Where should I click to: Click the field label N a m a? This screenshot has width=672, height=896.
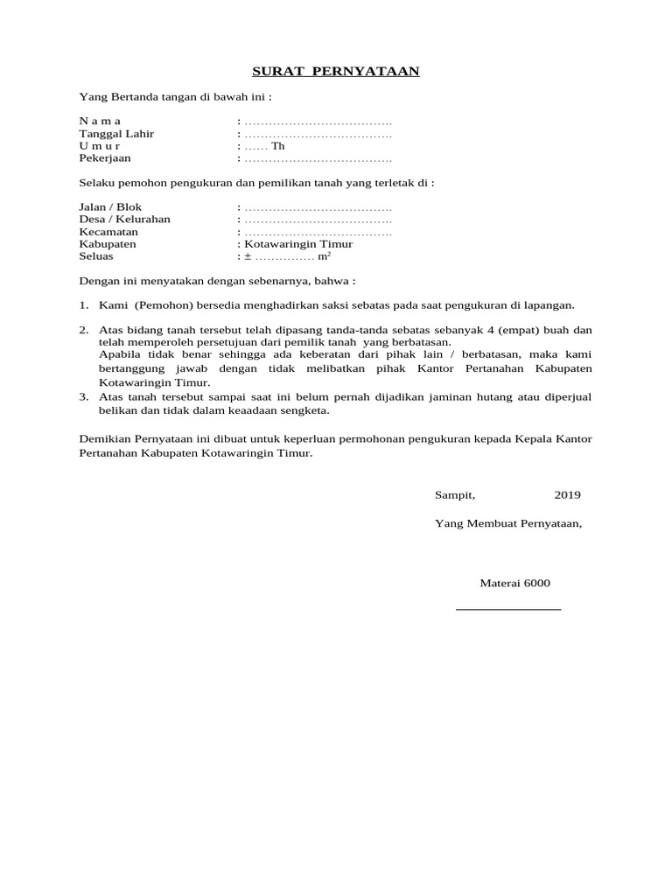point(101,121)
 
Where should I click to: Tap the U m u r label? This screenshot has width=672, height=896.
point(100,146)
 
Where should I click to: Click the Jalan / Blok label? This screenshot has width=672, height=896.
point(110,207)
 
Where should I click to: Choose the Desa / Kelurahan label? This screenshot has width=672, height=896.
point(124,220)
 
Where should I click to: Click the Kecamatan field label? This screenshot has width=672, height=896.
point(108,233)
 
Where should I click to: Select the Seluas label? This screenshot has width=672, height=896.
point(96,257)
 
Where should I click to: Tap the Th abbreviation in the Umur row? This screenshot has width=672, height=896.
point(278,146)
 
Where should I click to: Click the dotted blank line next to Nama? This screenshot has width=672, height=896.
point(318,121)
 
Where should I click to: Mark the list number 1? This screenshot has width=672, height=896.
point(83,305)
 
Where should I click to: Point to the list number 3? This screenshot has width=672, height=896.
point(83,397)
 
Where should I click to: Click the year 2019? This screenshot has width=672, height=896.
point(567,495)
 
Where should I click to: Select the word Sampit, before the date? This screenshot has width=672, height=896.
point(455,495)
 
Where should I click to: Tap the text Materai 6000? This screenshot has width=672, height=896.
point(515,584)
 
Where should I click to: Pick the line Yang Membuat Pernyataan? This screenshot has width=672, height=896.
point(507,524)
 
